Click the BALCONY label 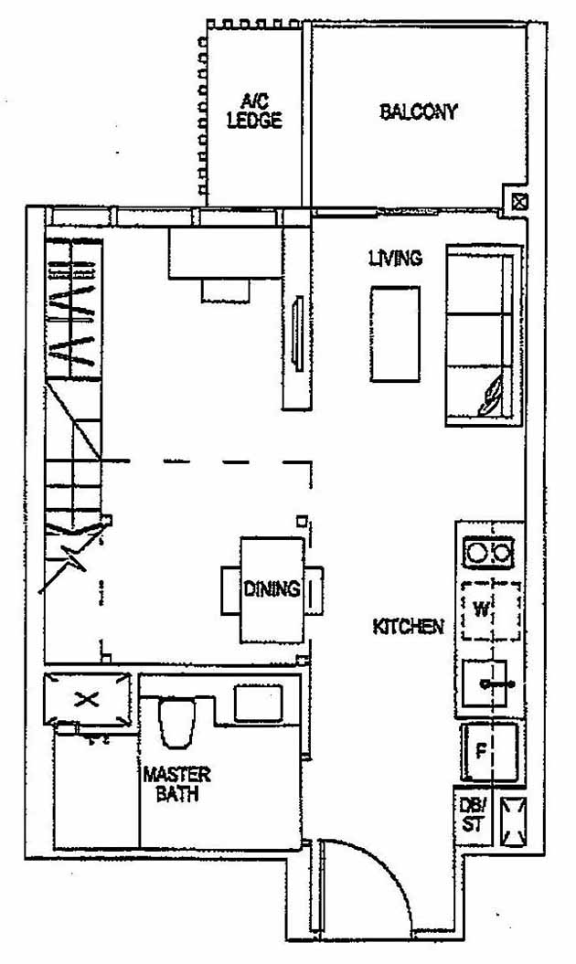[x=418, y=112]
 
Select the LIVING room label [x=395, y=259]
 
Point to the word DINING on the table [x=272, y=589]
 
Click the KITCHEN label [x=408, y=627]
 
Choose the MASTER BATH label [x=176, y=785]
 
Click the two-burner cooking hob [x=489, y=553]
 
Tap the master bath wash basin [x=260, y=703]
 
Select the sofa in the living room [x=477, y=335]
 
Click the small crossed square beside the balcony [x=518, y=202]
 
